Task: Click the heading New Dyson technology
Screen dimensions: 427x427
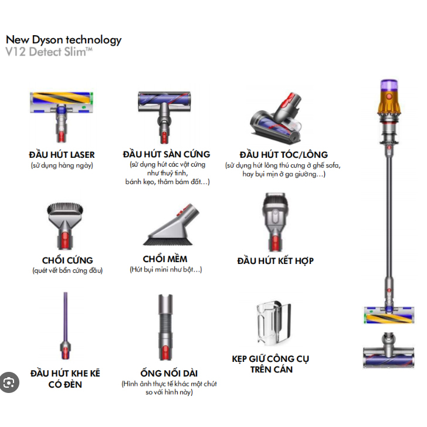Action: [x=63, y=40]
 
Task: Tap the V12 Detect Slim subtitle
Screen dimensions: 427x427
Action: [x=49, y=52]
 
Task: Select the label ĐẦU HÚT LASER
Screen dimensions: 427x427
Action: [x=62, y=155]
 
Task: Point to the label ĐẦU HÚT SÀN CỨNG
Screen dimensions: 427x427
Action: [x=167, y=154]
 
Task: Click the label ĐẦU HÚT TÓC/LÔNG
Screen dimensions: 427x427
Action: [x=283, y=155]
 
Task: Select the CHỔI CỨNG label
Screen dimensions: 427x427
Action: [x=67, y=260]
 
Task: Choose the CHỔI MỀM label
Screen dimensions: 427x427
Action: [x=166, y=259]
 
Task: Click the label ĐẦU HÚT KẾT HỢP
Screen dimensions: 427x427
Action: [x=275, y=260]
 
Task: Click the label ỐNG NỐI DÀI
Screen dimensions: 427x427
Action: [x=169, y=374]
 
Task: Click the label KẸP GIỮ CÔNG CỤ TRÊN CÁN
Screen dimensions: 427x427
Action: [x=271, y=364]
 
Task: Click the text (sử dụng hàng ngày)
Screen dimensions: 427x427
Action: [x=62, y=165]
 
